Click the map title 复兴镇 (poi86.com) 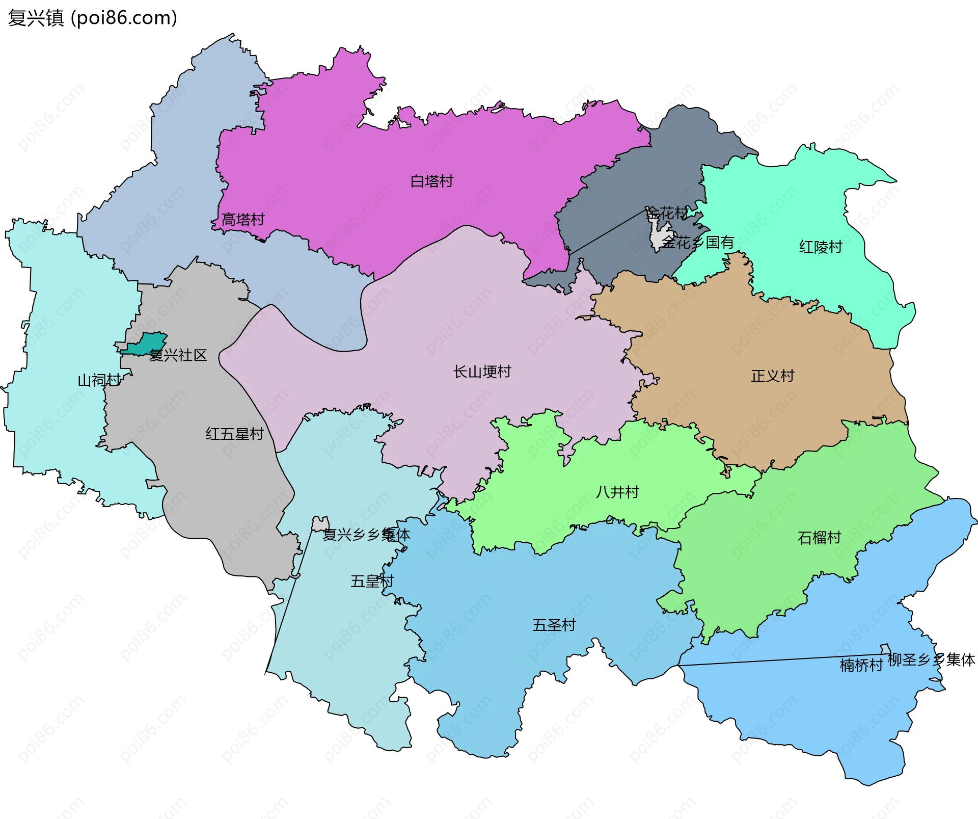[93, 18]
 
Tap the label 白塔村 [431, 181]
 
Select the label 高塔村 [243, 220]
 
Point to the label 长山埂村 [482, 372]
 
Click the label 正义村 [772, 376]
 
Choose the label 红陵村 [820, 247]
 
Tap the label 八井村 [617, 492]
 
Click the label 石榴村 [819, 538]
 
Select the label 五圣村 [554, 625]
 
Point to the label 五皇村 [372, 582]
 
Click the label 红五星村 [234, 434]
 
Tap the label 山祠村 [99, 380]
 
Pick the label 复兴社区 [178, 356]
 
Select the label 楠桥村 [861, 666]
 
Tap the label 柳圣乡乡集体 [931, 660]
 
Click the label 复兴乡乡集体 [366, 535]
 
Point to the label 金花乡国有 [698, 243]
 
